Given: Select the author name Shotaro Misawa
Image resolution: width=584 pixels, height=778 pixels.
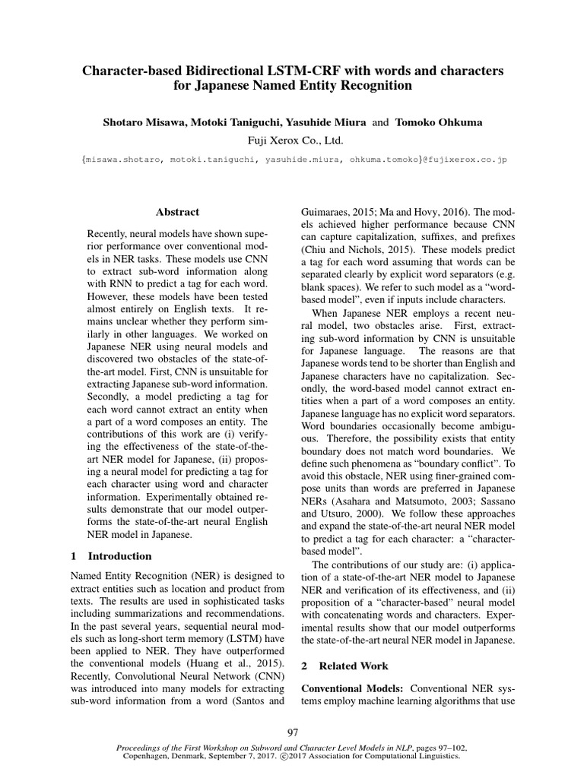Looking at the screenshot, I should (x=144, y=123).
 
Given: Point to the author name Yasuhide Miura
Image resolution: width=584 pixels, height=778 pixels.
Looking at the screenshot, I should (x=328, y=123).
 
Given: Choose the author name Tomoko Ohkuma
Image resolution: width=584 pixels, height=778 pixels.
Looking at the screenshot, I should (x=437, y=123).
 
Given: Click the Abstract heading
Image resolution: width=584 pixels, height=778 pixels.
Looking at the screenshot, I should (x=177, y=212).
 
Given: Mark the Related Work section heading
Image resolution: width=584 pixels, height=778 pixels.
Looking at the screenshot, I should (x=353, y=666).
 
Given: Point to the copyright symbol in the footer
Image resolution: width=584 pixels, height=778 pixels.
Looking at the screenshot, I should (x=285, y=757).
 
